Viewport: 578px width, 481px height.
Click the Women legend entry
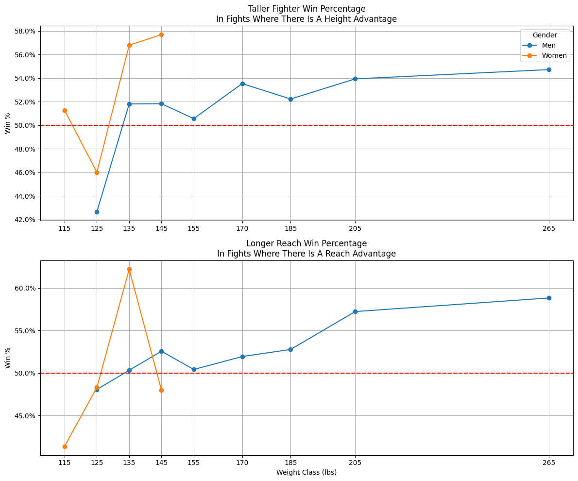pyautogui.click(x=554, y=55)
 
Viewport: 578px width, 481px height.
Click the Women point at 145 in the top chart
pyautogui.click(x=161, y=34)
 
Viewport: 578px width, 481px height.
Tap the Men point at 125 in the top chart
pyautogui.click(x=97, y=212)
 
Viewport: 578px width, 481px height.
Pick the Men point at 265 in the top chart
pyautogui.click(x=549, y=69)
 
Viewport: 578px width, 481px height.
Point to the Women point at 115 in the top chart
pyautogui.click(x=65, y=110)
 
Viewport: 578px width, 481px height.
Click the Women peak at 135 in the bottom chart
pyautogui.click(x=129, y=269)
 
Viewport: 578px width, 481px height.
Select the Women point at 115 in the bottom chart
pyautogui.click(x=65, y=447)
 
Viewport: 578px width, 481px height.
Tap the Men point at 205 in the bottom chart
pyautogui.click(x=355, y=311)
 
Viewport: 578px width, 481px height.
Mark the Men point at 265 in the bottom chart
pyautogui.click(x=549, y=298)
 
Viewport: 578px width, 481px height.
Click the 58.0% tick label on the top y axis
pyautogui.click(x=26, y=31)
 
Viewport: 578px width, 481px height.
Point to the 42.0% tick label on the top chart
pyautogui.click(x=26, y=220)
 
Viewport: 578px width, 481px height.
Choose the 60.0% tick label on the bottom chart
pyautogui.click(x=26, y=288)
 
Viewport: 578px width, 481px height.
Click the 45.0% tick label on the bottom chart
pyautogui.click(x=26, y=416)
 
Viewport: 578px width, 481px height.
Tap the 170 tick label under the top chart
pyautogui.click(x=242, y=227)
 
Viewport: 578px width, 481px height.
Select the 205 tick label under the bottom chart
pyautogui.click(x=355, y=463)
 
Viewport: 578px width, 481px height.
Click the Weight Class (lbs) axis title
pyautogui.click(x=306, y=472)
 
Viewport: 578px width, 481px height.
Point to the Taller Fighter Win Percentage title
pyautogui.click(x=306, y=9)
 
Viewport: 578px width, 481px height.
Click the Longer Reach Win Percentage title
pyautogui.click(x=306, y=243)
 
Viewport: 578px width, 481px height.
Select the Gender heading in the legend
pyautogui.click(x=544, y=35)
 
